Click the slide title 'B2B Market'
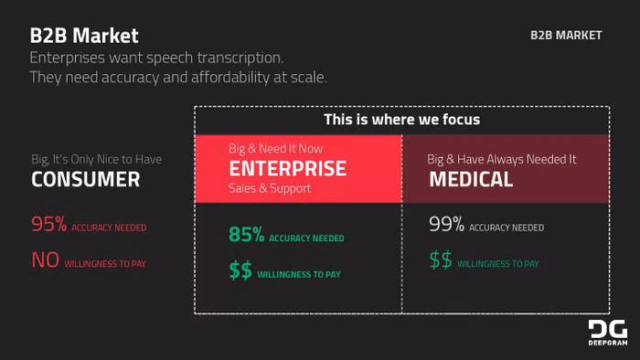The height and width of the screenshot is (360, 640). coord(84,36)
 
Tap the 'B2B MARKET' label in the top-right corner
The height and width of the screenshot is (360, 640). coord(566,36)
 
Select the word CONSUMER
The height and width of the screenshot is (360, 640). coord(86,179)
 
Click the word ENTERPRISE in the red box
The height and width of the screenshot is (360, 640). coord(288,168)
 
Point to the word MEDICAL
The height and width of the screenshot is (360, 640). coord(471,179)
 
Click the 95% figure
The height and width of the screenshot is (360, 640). coord(49,224)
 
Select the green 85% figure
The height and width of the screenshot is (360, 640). coord(247,235)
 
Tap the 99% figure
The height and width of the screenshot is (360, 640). coord(446,224)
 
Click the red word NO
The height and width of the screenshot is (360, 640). coord(46,259)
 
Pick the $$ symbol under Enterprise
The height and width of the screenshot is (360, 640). coord(240,270)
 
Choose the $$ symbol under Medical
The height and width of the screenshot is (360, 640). coord(441,259)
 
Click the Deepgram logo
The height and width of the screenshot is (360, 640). coord(608,333)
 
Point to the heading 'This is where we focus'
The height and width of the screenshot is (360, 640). coord(402,120)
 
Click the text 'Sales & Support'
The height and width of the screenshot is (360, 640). coord(270,188)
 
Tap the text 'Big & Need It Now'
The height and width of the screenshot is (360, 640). coord(275,148)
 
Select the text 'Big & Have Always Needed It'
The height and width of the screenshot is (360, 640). coord(502,159)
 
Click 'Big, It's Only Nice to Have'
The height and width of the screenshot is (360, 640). coord(97,159)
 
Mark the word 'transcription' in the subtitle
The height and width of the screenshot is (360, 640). coord(240,58)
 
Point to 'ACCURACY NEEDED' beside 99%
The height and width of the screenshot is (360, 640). coord(507,228)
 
